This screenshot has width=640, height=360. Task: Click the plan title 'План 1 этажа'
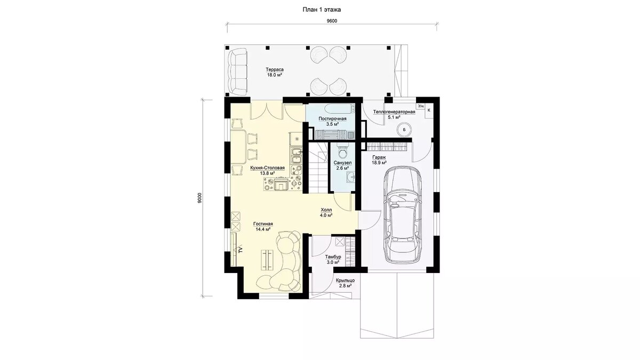pyautogui.click(x=322, y=10)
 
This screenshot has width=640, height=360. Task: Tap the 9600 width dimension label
pyautogui.click(x=332, y=21)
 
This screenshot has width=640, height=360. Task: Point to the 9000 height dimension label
pyautogui.click(x=199, y=198)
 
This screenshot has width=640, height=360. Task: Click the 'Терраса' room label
pyautogui.click(x=275, y=69)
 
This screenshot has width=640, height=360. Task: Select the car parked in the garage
pyautogui.click(x=403, y=214)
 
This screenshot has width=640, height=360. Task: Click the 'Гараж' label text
pyautogui.click(x=379, y=157)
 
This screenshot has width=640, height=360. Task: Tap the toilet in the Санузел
pyautogui.click(x=342, y=151)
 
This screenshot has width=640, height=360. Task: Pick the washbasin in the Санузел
pyautogui.click(x=350, y=177)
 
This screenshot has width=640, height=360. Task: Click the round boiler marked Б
pyautogui.click(x=404, y=130)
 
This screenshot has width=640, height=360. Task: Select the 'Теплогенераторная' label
pyautogui.click(x=394, y=112)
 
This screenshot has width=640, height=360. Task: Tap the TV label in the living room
pyautogui.click(x=41, y=250)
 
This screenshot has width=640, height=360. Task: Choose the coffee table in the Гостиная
pyautogui.click(x=68, y=259)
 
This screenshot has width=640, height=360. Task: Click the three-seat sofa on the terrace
pyautogui.click(x=238, y=72)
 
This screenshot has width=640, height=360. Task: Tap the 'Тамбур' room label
pyautogui.click(x=333, y=257)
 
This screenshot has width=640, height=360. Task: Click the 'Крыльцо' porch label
pyautogui.click(x=345, y=281)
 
